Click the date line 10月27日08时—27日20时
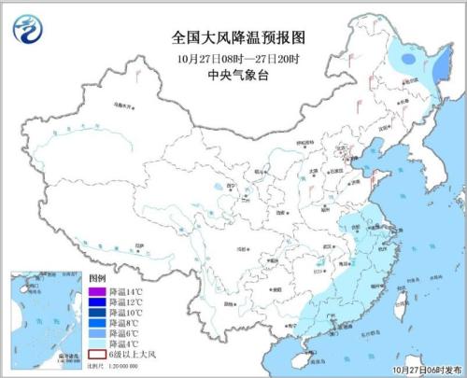[238, 58]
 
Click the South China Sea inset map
[42, 322]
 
